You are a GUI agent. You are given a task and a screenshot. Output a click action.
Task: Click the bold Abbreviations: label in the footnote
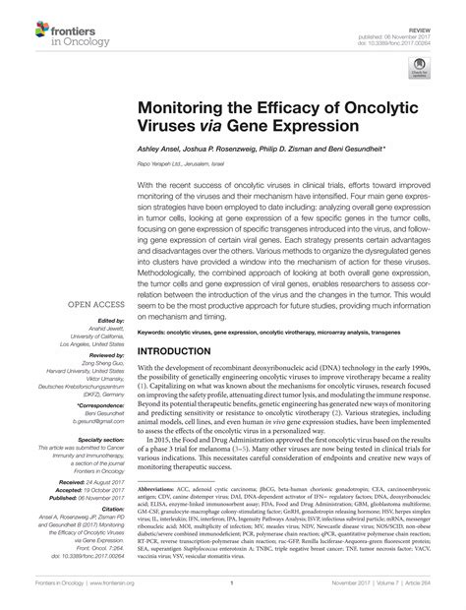coord(161,515)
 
